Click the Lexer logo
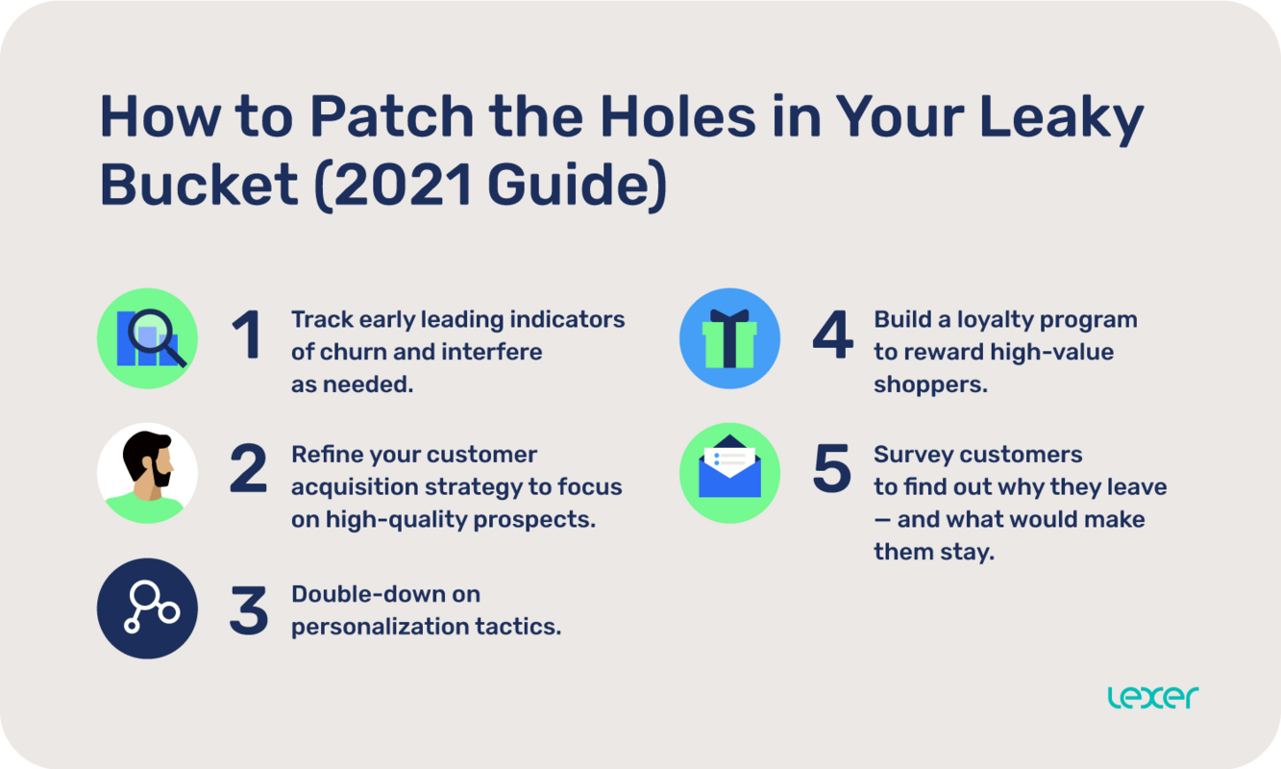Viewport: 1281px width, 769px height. point(1152,697)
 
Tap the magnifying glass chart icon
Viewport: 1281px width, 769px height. point(147,338)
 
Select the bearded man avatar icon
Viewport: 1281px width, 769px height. point(147,473)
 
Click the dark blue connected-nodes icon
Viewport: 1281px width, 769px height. point(147,608)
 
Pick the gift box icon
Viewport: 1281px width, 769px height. point(729,338)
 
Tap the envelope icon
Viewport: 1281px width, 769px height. point(729,473)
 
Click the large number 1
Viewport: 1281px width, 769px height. point(247,336)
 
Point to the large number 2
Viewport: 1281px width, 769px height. point(248,470)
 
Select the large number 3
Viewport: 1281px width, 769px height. point(248,609)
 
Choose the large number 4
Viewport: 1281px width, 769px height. point(832,336)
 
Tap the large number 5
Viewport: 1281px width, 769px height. point(832,470)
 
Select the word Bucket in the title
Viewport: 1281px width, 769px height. point(199,186)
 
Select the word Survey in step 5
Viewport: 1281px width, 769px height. point(914,454)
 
